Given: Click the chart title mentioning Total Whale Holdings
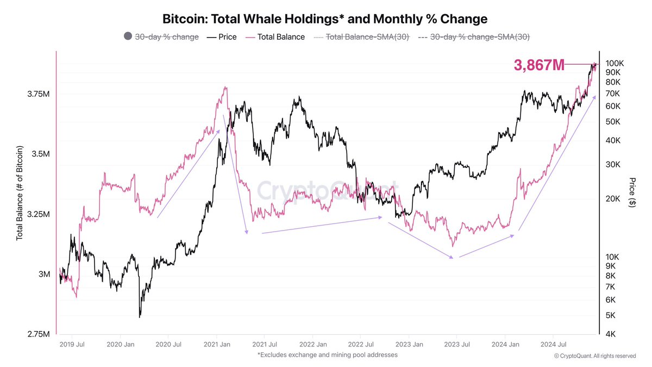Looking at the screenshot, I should pos(325,18).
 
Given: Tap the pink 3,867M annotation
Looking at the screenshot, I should pos(539,65).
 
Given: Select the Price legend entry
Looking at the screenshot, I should pos(222,37).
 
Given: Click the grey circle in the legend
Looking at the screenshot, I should pos(128,36).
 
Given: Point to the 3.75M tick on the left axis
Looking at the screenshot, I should pos(40,94).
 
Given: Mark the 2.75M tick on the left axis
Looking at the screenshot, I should pos(40,334).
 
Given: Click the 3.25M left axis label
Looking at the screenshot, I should pos(40,214).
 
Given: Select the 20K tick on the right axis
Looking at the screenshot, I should pos(612,199).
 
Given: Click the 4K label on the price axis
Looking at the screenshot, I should pos(610,334).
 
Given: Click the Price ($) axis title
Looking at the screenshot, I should pos(632,192).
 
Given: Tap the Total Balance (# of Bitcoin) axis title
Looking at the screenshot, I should pos(20,193).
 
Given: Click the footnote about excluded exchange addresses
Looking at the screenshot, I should pos(328,354).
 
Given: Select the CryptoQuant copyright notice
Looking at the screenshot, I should pos(594,356).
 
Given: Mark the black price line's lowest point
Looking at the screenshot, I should pos(140,316).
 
